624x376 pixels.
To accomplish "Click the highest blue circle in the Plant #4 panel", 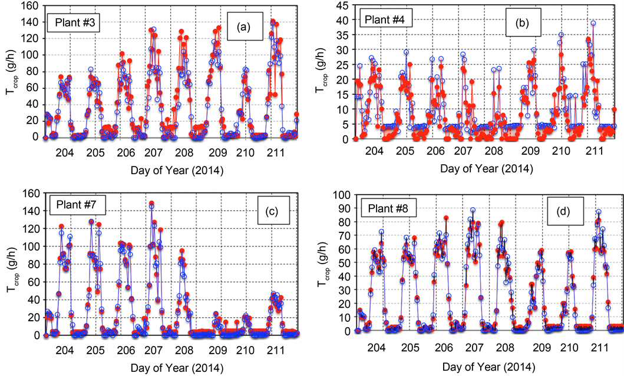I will [593, 24].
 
